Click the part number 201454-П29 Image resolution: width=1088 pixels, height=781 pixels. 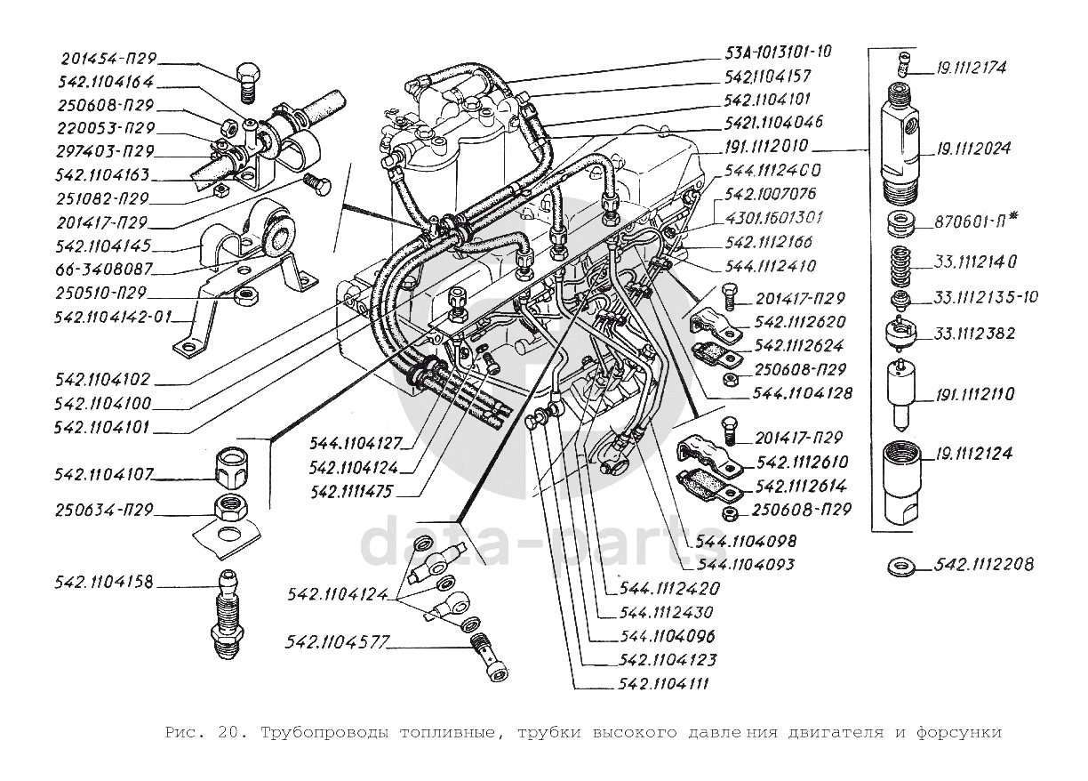point(108,60)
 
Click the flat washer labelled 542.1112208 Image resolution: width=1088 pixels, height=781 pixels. point(903,565)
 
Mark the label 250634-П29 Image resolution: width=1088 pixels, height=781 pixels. point(105,511)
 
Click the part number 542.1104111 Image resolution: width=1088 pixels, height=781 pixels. point(667,684)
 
